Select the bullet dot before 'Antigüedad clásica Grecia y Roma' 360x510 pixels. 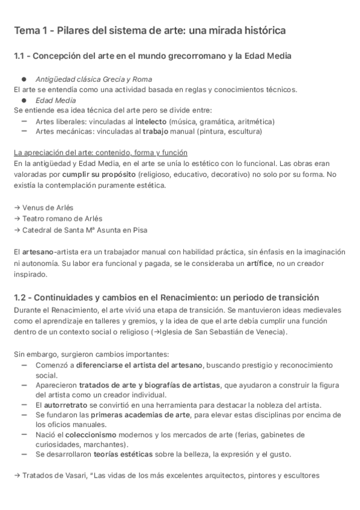pyautogui.click(x=23, y=79)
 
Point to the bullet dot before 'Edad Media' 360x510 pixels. pyautogui.click(x=23, y=100)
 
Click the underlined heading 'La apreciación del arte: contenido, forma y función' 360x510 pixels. pyautogui.click(x=100, y=153)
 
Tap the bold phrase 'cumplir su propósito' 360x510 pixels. pyautogui.click(x=98, y=174)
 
